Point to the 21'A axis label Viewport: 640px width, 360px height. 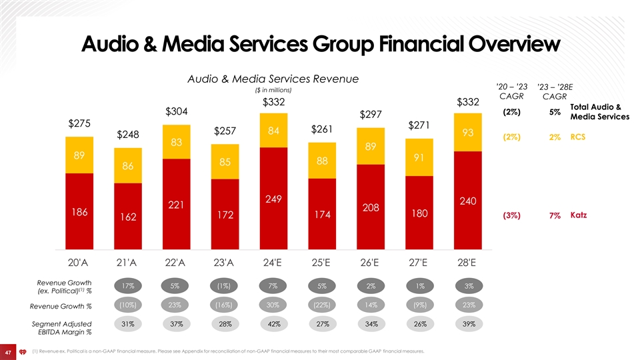tap(127, 261)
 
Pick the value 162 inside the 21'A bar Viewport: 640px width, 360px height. tap(127, 217)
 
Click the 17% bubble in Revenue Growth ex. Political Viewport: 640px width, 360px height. tap(127, 287)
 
